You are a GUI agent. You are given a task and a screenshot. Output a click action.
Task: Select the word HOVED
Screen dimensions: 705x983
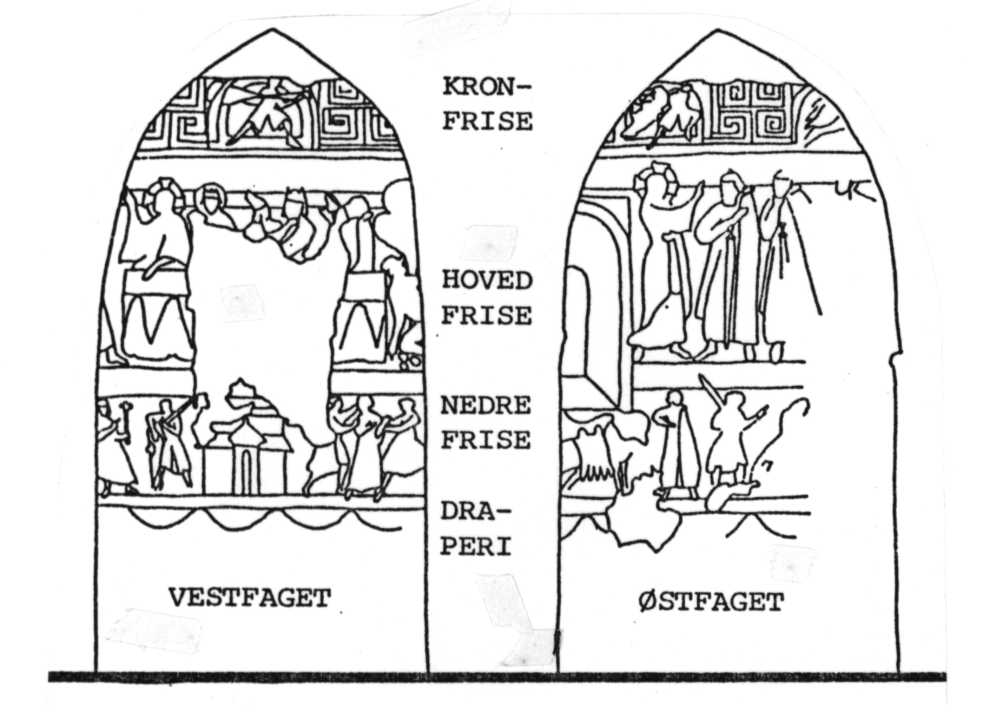(486, 281)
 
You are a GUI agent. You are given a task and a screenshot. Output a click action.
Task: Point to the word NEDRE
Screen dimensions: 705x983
(486, 406)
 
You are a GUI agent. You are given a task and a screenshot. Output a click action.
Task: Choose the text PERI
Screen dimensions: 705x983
(475, 546)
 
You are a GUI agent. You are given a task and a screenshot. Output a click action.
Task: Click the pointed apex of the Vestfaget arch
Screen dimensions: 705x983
(272, 30)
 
